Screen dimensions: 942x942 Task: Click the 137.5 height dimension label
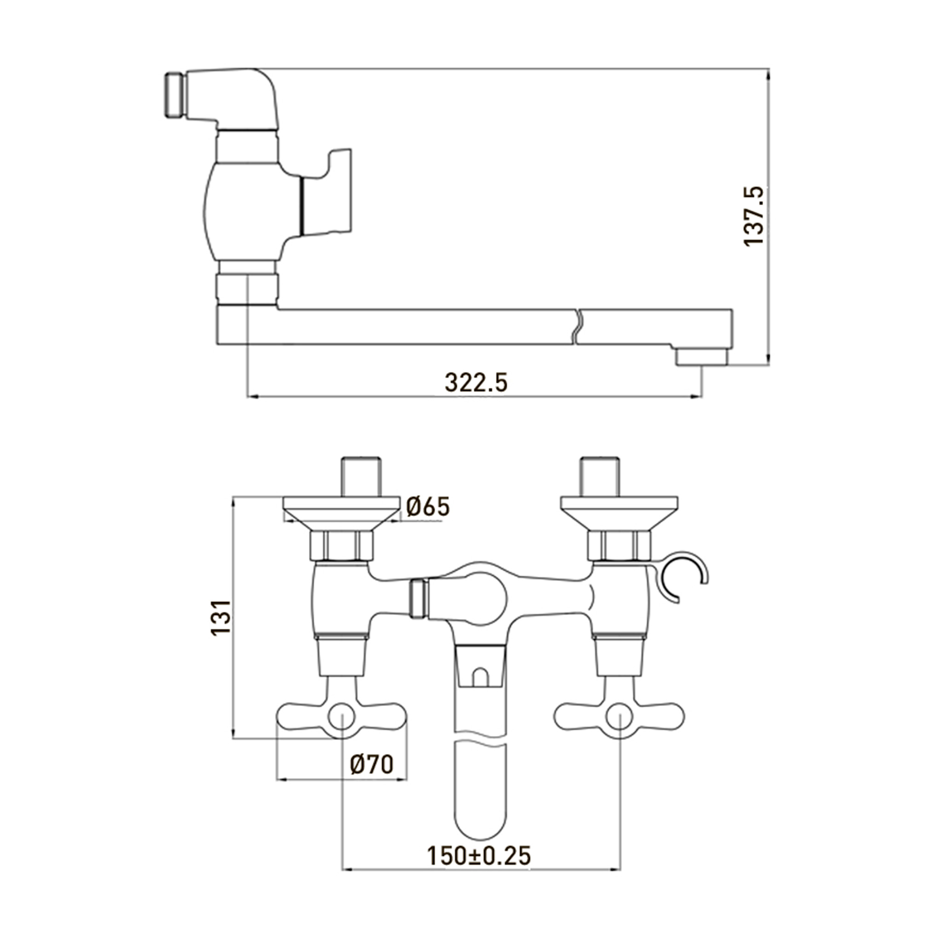754,216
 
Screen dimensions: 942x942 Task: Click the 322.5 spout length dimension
476,383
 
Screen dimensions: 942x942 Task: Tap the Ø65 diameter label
428,507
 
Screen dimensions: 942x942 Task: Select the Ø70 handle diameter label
372,764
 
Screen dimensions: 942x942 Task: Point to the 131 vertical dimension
221,617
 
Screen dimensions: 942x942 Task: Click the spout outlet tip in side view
701,357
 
